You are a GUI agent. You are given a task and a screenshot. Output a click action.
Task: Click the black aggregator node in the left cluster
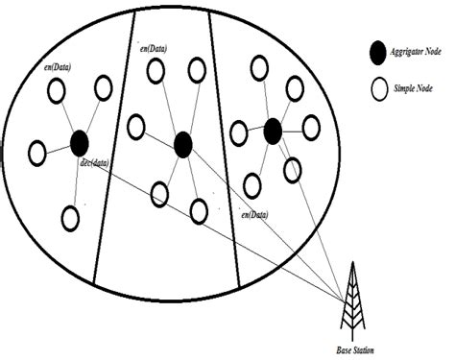(x=80, y=144)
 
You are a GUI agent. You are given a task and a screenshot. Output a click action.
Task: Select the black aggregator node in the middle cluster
(x=183, y=144)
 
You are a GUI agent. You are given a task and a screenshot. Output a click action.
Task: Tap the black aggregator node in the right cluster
(x=273, y=128)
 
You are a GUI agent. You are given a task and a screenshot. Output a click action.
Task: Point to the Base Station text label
(x=356, y=352)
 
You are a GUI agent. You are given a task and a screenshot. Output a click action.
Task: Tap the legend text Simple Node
(x=415, y=91)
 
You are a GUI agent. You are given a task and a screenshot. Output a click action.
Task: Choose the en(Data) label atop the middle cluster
(x=156, y=46)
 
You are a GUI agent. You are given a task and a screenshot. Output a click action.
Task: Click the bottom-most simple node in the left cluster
(x=70, y=217)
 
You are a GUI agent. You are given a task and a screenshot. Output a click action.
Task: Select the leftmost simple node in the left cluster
(x=37, y=152)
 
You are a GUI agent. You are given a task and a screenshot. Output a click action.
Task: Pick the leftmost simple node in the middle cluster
(x=136, y=126)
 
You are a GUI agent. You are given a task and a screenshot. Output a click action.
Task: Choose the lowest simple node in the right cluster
(x=251, y=184)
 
